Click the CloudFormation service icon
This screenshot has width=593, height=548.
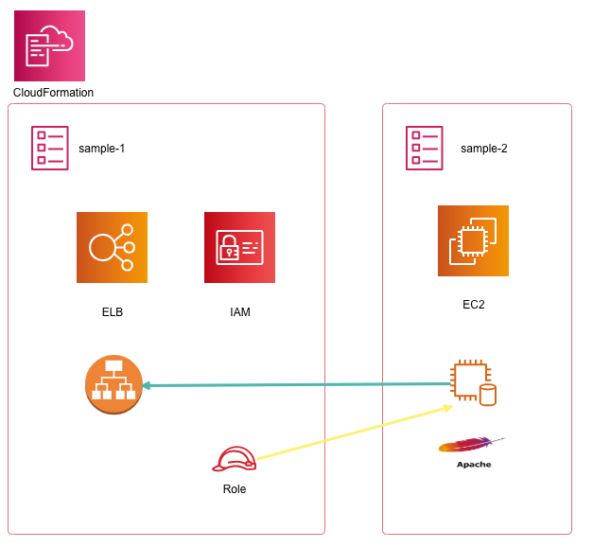point(49,45)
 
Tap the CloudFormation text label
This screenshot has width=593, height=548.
point(53,93)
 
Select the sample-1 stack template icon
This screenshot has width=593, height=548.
point(50,148)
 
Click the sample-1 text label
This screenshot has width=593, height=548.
point(101,149)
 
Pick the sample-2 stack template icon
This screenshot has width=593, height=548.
point(425,148)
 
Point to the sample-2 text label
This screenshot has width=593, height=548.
point(484,149)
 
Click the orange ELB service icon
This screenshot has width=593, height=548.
point(112,247)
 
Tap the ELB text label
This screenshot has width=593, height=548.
point(113,312)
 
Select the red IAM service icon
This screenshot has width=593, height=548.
point(239,247)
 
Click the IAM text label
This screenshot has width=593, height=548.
point(240,312)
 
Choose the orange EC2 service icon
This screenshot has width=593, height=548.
point(473,240)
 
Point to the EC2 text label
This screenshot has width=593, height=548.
point(473,305)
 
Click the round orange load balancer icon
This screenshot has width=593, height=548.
point(113,385)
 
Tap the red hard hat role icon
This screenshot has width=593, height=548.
point(235,459)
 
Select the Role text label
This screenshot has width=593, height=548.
point(235,489)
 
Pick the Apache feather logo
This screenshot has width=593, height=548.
point(471,445)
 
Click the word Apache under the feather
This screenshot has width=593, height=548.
point(474,465)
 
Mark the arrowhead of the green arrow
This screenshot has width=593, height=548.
point(146,385)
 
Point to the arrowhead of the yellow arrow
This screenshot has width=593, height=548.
point(450,408)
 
